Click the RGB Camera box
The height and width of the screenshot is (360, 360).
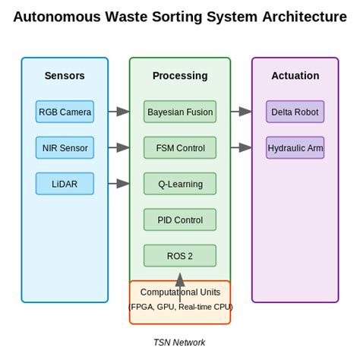[65, 112]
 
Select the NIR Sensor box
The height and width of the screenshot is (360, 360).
[65, 147]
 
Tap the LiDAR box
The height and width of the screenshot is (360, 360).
[65, 183]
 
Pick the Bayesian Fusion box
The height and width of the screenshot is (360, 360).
[180, 112]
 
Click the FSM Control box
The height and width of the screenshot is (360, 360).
[180, 147]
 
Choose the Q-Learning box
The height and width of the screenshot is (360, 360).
[180, 183]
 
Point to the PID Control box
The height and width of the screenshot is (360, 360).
[180, 219]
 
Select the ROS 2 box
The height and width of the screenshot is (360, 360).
[180, 255]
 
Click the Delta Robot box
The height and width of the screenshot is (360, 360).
[295, 112]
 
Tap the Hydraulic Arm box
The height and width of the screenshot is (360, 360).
[295, 147]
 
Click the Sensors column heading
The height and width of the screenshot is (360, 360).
[65, 76]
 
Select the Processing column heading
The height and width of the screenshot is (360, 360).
[180, 76]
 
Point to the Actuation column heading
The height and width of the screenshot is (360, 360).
[295, 76]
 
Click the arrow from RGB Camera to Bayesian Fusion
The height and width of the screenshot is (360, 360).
[118, 112]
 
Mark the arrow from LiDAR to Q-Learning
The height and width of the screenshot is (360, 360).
[118, 183]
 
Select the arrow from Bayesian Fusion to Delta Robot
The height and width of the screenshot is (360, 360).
[241, 112]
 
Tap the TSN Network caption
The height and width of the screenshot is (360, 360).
[180, 343]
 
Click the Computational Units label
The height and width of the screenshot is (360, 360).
[180, 292]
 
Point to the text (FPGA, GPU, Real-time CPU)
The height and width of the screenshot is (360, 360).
[180, 307]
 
